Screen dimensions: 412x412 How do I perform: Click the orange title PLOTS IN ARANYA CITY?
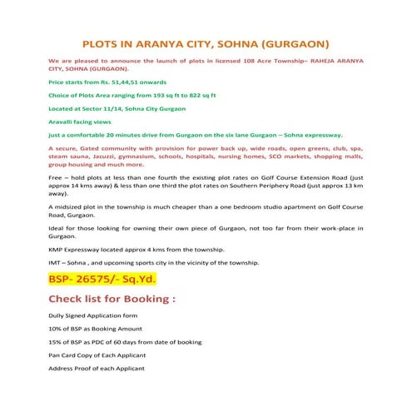(x=206, y=43)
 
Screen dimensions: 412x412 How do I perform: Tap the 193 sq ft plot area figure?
(x=169, y=97)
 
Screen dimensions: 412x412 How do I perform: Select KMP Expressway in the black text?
(x=80, y=250)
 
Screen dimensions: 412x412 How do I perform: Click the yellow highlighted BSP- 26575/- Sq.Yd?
(x=102, y=279)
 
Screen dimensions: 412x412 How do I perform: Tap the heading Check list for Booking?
(x=112, y=299)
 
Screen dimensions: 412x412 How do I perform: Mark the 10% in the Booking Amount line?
(x=56, y=330)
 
